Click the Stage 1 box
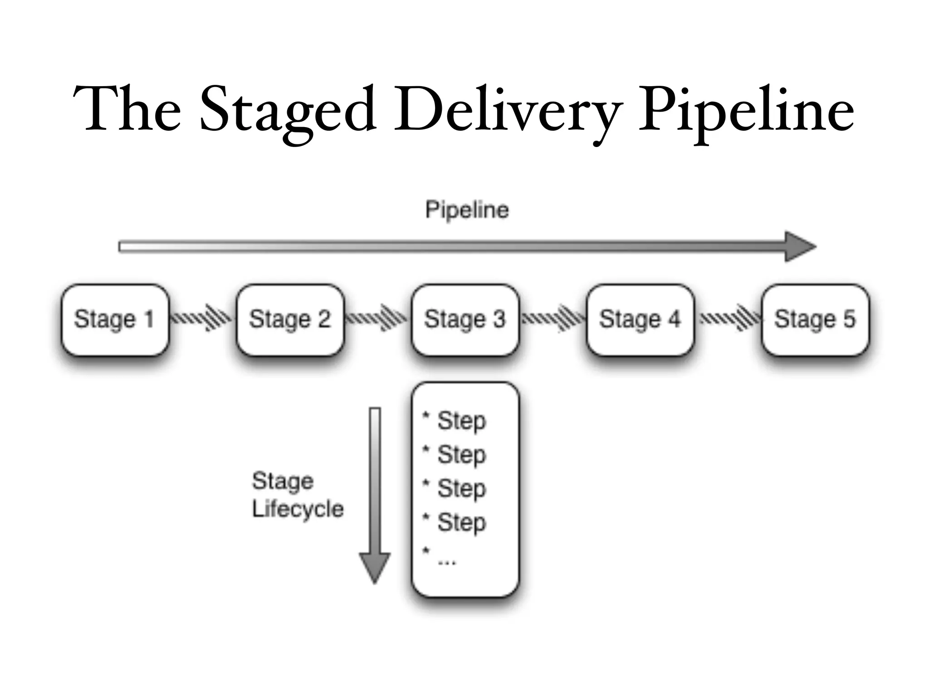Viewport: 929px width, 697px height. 114,319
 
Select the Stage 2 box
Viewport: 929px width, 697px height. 290,319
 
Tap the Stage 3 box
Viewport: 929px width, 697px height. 464,319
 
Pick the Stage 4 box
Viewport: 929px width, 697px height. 640,319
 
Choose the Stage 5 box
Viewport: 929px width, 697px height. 815,319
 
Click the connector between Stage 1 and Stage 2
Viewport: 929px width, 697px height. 202,318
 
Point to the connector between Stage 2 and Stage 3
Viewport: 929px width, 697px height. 377,318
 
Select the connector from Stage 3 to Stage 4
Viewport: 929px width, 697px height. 553,318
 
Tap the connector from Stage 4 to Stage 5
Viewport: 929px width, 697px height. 729,318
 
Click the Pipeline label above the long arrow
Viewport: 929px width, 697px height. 467,210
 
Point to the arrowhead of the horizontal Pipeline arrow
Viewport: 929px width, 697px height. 800,246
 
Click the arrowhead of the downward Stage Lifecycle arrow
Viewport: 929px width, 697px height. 375,567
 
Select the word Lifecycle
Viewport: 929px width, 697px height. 298,509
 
